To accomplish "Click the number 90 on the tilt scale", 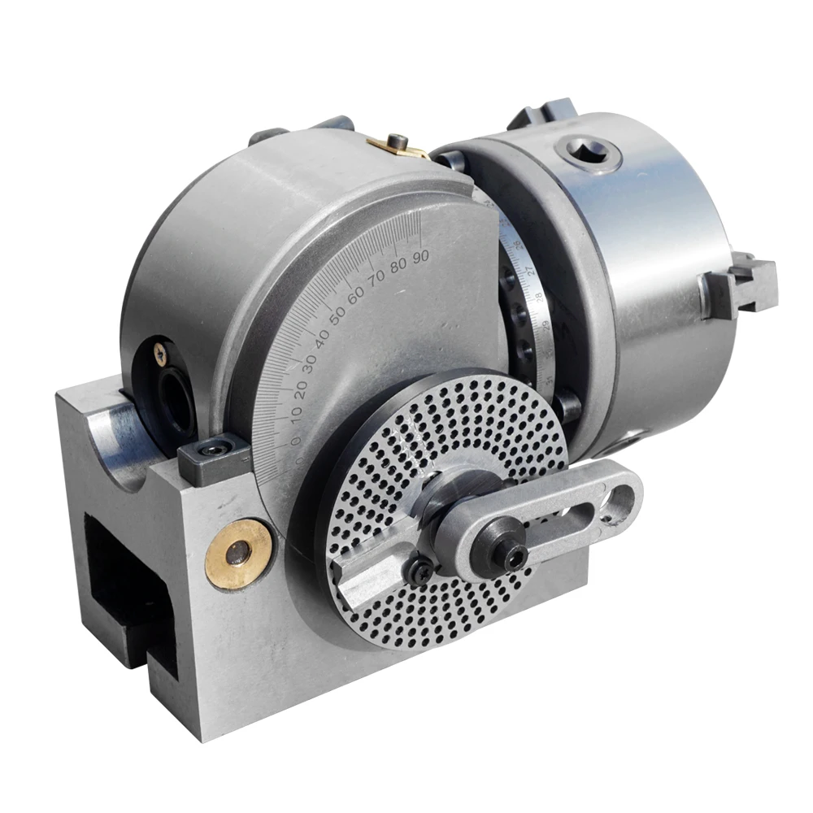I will (x=420, y=256).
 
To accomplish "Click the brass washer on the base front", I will (x=237, y=553).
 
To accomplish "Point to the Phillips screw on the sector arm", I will (x=423, y=572).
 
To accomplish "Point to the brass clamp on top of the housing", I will (x=398, y=147).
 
